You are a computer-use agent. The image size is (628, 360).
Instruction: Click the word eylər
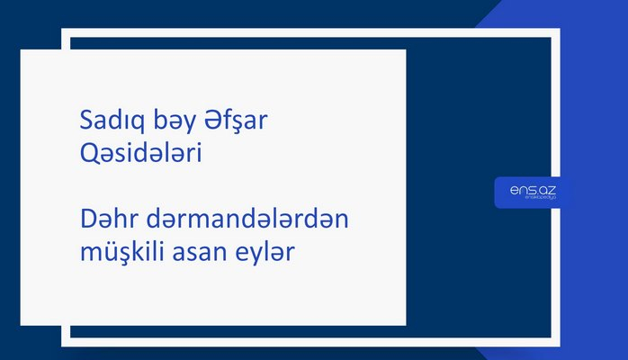point(267,256)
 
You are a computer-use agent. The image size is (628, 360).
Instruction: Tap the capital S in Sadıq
point(86,121)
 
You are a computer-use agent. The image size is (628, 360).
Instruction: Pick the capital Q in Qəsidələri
point(88,155)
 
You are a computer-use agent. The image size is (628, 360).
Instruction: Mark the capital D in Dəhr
point(88,222)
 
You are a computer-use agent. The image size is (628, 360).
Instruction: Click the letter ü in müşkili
point(107,256)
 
